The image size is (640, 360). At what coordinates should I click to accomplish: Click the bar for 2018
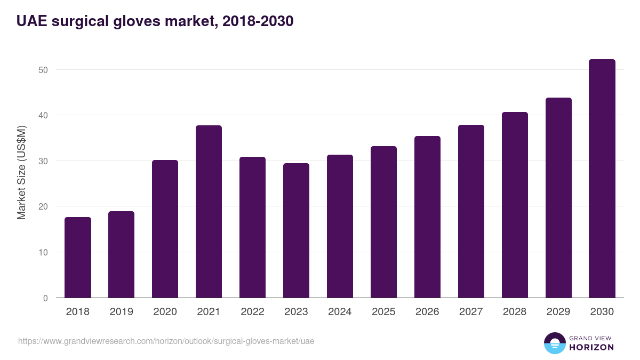(x=78, y=258)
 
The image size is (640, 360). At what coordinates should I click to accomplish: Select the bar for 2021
(x=209, y=212)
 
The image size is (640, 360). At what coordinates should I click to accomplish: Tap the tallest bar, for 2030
(x=602, y=179)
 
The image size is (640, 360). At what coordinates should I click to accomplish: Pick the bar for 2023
(x=296, y=230)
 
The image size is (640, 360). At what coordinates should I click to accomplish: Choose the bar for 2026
(x=427, y=217)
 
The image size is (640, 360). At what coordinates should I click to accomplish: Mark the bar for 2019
(x=122, y=254)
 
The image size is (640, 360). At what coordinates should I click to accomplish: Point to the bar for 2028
(x=515, y=205)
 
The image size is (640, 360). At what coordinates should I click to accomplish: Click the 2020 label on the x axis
(x=165, y=312)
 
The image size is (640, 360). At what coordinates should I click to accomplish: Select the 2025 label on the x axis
(x=383, y=312)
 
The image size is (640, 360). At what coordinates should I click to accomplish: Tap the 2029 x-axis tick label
(x=558, y=312)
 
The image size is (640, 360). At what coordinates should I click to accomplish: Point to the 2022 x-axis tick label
(x=252, y=312)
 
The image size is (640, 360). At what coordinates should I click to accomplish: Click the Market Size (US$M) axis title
(x=21, y=172)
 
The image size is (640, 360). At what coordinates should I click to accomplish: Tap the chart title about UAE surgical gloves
(x=155, y=21)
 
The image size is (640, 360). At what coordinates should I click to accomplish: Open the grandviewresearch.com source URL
(x=166, y=341)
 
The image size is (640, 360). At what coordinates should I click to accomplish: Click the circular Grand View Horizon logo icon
(x=555, y=343)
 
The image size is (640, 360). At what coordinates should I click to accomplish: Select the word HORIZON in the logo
(x=591, y=347)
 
